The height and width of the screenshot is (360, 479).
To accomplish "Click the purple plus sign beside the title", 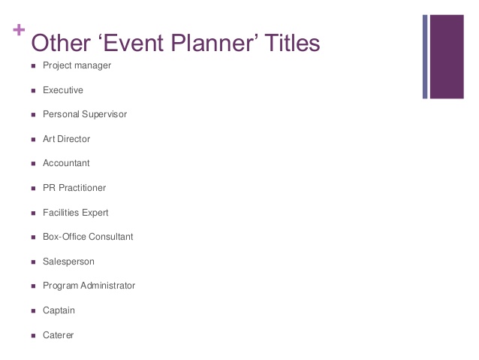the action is [x=19, y=29].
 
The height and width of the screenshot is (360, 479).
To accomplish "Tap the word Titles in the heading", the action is [x=292, y=43].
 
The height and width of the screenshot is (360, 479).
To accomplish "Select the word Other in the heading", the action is [x=61, y=43].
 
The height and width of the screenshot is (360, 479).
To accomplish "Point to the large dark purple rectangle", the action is [x=447, y=56].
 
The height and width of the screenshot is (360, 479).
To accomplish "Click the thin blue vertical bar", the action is [x=425, y=56].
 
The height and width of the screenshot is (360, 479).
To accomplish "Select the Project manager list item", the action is [x=77, y=65].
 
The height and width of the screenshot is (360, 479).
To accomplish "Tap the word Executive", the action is [x=63, y=90].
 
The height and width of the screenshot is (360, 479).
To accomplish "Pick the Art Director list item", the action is [x=67, y=139].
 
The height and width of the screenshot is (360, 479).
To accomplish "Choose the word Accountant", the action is [x=66, y=163].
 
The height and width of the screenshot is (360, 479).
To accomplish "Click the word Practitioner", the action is [x=82, y=187].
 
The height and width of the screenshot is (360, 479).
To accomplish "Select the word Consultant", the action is [x=111, y=237].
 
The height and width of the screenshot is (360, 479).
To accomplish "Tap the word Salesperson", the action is [x=69, y=262].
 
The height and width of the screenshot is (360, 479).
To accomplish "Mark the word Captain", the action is [x=59, y=310].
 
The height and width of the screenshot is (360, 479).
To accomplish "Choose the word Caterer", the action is [x=59, y=335].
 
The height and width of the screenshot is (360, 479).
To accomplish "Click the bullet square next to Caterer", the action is [x=33, y=335].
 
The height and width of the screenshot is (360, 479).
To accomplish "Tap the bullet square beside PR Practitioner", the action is [x=33, y=189].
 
